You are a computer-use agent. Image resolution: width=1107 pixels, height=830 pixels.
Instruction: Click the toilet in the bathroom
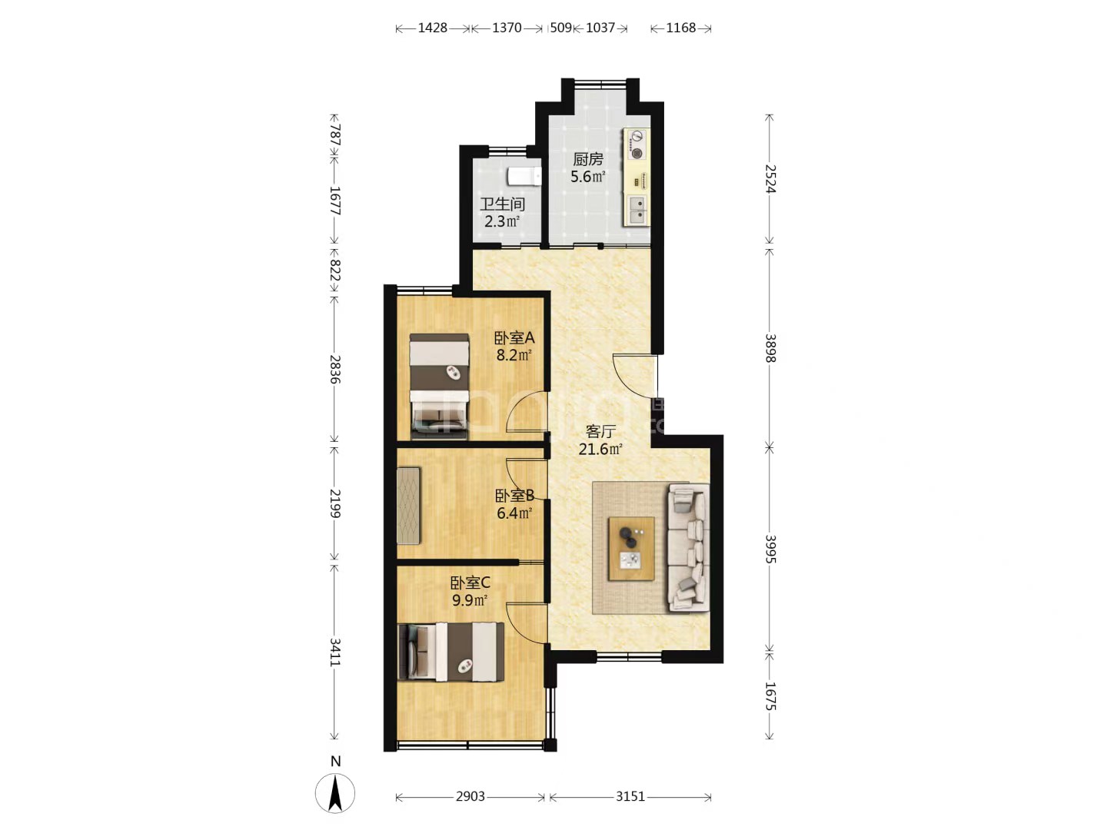click(x=524, y=177)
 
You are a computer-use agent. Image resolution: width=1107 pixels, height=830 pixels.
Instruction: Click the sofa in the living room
click(x=688, y=547)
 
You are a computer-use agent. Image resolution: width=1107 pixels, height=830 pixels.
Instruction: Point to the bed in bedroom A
click(x=439, y=386)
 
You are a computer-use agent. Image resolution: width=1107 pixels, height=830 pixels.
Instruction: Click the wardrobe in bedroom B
click(x=408, y=506)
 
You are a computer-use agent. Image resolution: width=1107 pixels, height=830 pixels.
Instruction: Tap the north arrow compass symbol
click(x=335, y=793)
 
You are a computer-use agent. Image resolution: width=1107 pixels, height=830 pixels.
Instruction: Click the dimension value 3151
click(x=630, y=796)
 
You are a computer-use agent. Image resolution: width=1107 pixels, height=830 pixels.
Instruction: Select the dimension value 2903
click(x=470, y=796)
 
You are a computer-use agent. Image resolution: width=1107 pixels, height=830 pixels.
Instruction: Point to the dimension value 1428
click(x=432, y=28)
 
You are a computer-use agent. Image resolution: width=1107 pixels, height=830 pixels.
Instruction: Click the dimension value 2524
click(x=770, y=179)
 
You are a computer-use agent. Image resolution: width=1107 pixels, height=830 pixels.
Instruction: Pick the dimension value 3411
click(x=335, y=652)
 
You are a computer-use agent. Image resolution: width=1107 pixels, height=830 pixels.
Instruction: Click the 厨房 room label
click(x=588, y=159)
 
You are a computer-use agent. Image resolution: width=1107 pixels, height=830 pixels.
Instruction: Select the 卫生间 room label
click(x=502, y=204)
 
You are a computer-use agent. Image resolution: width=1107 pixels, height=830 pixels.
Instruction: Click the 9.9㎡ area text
click(x=470, y=600)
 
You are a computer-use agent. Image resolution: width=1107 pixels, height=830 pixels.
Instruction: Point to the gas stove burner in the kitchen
click(x=638, y=153)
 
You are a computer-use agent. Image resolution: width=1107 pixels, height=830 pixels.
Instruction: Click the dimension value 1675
click(x=770, y=696)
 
